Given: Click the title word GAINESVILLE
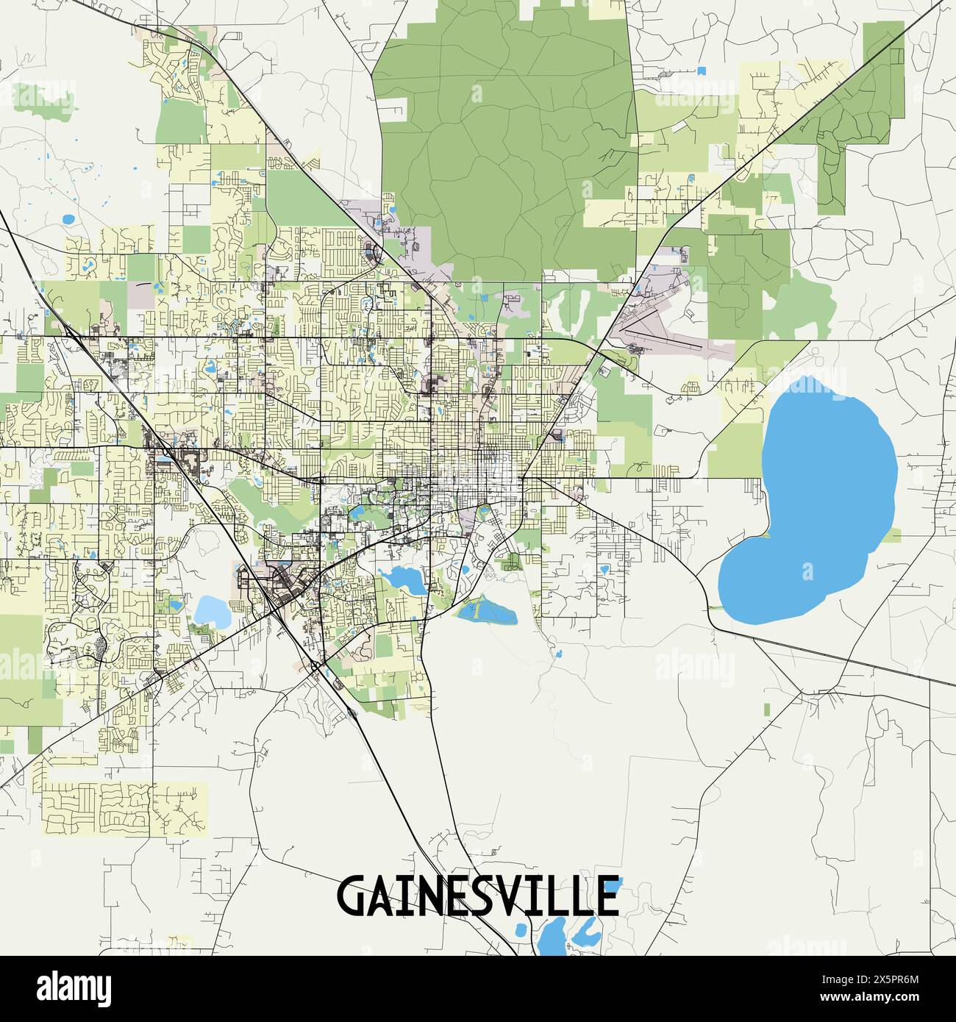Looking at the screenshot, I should coord(477,895).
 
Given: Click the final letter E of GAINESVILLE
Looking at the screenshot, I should coord(607,896).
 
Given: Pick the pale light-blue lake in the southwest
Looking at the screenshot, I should coord(211,610).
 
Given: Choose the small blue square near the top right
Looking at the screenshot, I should coord(701,71).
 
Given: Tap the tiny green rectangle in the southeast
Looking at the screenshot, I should coord(767,710).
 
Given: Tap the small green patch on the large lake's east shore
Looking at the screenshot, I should coord(891,535).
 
